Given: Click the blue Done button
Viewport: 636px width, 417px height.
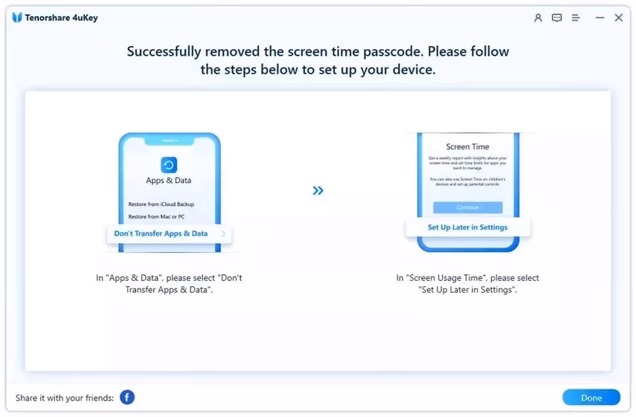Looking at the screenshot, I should click(591, 398).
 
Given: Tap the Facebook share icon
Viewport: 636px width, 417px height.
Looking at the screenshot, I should click(127, 398).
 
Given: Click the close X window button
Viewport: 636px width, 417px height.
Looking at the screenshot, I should click(618, 18).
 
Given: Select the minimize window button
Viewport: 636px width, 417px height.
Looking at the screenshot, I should click(600, 18).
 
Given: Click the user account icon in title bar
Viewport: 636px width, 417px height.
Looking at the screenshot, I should click(538, 18).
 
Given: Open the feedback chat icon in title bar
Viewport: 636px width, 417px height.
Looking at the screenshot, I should click(557, 18).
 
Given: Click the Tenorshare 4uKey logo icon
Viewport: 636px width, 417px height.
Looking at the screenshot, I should click(17, 18).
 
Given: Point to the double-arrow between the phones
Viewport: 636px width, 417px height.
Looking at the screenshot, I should click(318, 191).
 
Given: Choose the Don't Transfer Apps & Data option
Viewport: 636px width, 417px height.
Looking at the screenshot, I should click(161, 233).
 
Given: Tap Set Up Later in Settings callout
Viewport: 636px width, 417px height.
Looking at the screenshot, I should click(467, 227).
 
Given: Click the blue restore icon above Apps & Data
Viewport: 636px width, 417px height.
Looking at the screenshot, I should click(169, 165).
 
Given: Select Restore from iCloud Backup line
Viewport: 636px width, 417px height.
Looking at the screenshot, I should click(161, 204).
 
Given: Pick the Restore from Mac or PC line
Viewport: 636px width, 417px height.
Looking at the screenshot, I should click(156, 217).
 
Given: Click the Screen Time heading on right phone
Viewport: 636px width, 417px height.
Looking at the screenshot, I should click(467, 147).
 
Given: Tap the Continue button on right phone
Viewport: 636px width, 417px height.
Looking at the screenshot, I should click(468, 207).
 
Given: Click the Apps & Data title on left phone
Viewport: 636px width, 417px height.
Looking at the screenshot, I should click(169, 181).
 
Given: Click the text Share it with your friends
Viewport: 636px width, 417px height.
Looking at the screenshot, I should click(65, 398).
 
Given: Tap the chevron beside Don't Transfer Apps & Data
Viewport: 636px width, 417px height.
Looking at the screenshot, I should click(223, 233).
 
